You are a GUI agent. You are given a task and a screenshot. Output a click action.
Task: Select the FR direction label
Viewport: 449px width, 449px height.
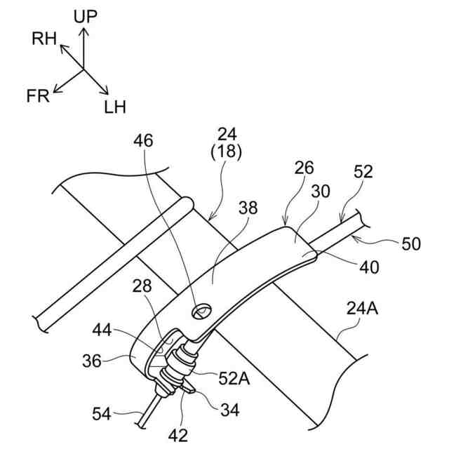click(39, 96)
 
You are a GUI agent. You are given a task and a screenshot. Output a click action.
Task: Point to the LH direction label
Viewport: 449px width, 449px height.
click(115, 107)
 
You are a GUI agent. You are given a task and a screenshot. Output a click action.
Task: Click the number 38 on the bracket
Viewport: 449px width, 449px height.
click(248, 208)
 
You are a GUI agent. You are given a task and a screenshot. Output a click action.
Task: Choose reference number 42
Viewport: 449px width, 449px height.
click(179, 434)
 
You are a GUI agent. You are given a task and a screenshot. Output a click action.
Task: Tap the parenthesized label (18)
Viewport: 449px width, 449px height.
click(227, 151)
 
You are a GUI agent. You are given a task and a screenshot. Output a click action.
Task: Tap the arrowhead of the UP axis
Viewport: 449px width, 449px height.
click(85, 29)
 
